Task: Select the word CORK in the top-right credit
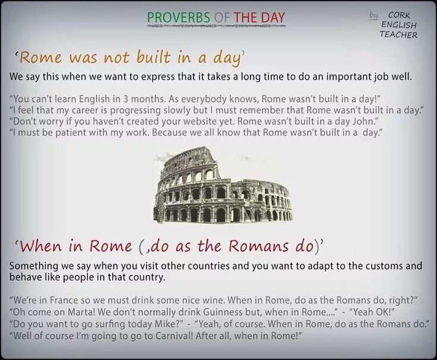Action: [x=400, y=15]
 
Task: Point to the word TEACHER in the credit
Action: [x=398, y=34]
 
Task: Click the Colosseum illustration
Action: [x=223, y=185]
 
